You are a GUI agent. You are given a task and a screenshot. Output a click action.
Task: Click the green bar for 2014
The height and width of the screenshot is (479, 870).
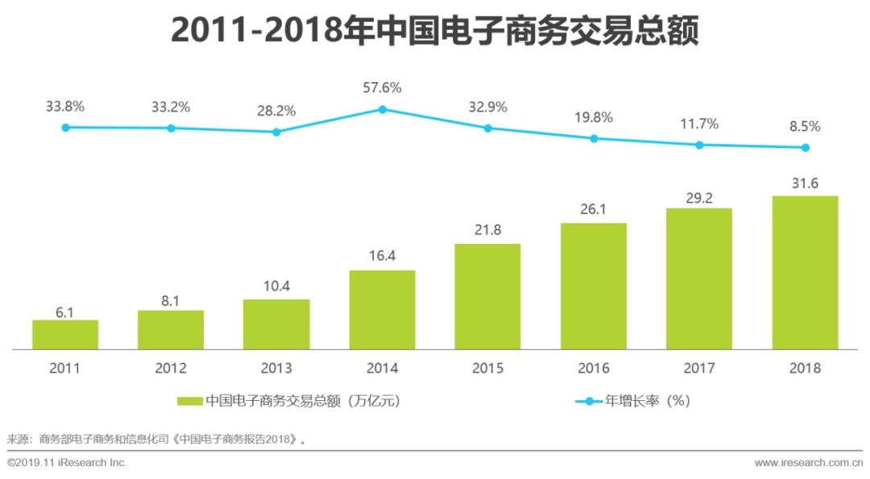pyautogui.click(x=382, y=310)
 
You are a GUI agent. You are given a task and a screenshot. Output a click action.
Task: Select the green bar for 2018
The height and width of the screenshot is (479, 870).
pyautogui.click(x=805, y=273)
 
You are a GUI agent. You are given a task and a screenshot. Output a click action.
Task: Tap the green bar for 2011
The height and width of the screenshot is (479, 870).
pyautogui.click(x=65, y=335)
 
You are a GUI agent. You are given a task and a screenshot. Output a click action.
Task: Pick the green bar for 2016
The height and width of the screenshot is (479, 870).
pyautogui.click(x=594, y=286)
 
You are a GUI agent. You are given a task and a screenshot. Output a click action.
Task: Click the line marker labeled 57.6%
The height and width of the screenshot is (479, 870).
pyautogui.click(x=383, y=109)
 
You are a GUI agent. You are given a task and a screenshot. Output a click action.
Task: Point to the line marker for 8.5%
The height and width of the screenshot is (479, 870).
pyautogui.click(x=805, y=147)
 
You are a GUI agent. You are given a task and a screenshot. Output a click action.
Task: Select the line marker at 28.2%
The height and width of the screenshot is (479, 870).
pyautogui.click(x=276, y=132)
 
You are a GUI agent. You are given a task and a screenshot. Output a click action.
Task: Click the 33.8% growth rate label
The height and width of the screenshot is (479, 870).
pyautogui.click(x=65, y=105)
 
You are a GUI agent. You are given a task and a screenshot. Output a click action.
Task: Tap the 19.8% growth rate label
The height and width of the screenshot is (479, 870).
pyautogui.click(x=594, y=118)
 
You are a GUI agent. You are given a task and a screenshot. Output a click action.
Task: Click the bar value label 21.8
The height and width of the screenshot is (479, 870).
pyautogui.click(x=487, y=230)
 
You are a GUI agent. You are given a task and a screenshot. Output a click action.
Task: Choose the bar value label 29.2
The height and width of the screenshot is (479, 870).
pyautogui.click(x=699, y=195)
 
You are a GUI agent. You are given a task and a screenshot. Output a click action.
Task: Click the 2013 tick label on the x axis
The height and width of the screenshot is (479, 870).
pyautogui.click(x=276, y=369)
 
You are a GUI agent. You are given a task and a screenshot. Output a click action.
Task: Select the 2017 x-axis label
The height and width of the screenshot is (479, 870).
pyautogui.click(x=699, y=369)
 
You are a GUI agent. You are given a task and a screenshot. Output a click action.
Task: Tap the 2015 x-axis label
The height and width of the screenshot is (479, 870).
pyautogui.click(x=487, y=369)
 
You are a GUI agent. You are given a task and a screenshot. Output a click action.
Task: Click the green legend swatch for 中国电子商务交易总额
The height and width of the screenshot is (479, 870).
pyautogui.click(x=190, y=400)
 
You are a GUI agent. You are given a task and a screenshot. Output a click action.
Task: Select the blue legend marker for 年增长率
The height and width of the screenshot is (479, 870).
pyautogui.click(x=588, y=400)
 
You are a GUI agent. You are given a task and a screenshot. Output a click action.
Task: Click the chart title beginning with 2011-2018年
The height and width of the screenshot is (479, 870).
pyautogui.click(x=434, y=33)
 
